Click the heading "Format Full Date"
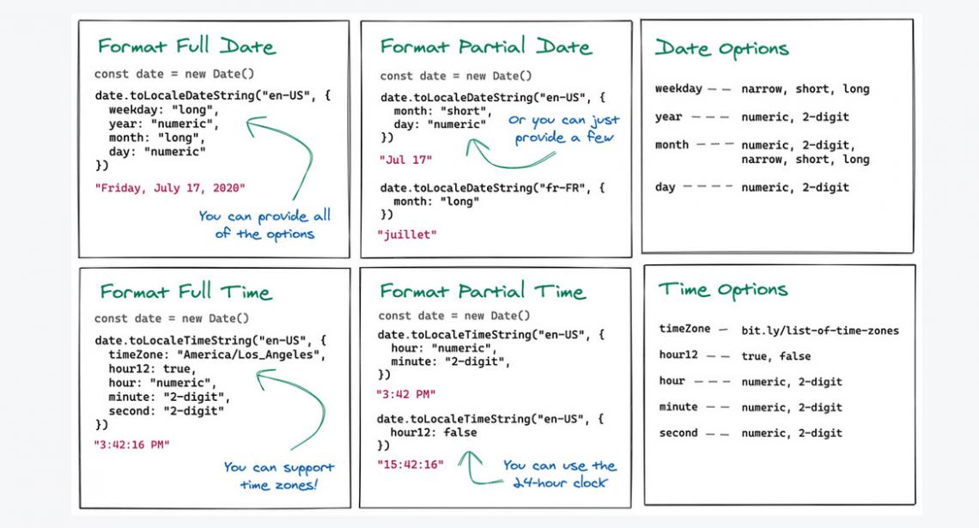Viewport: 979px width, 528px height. (187, 46)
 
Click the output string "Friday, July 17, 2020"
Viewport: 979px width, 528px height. (169, 186)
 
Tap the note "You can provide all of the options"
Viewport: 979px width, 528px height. (264, 225)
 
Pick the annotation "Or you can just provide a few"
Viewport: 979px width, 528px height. (563, 129)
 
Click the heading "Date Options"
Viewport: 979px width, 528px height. (721, 49)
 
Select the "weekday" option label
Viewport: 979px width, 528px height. (678, 88)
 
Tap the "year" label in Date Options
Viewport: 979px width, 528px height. (668, 117)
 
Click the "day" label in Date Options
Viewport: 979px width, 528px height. (666, 187)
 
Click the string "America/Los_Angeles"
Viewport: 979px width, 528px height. (262, 355)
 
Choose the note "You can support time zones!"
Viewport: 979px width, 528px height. (279, 476)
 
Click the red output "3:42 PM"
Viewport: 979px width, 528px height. (406, 393)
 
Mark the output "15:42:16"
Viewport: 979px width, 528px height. (410, 464)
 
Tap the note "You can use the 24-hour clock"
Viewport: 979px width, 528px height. (559, 474)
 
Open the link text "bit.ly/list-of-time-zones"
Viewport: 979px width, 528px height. (820, 330)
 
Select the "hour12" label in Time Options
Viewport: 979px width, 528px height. (678, 355)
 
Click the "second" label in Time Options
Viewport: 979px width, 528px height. (678, 433)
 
